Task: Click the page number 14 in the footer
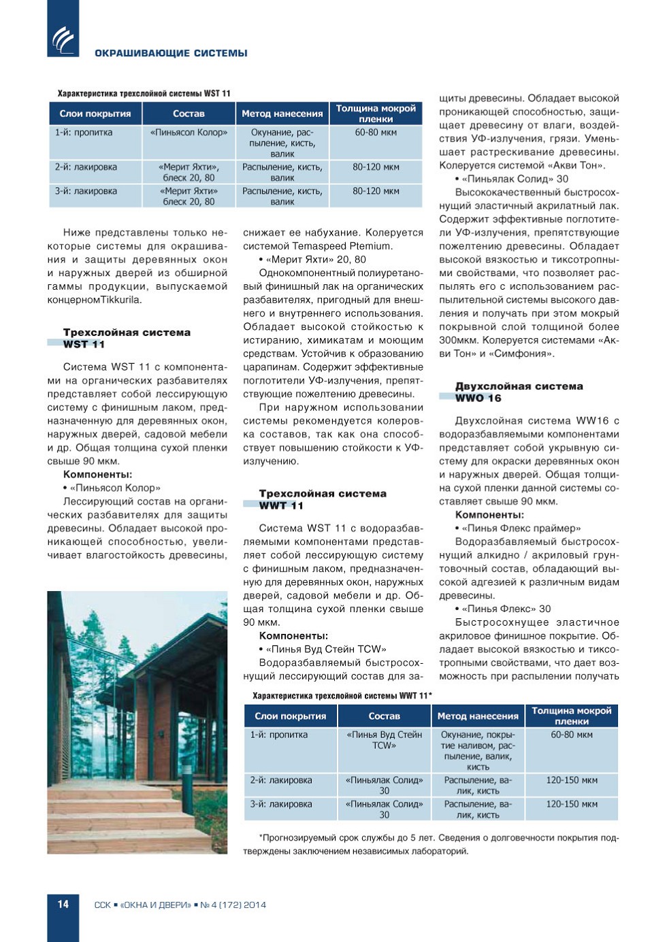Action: coord(63,904)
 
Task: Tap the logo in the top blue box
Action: coord(63,39)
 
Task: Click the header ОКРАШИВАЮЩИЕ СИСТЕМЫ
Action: coord(171,53)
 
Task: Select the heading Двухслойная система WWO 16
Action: coord(519,392)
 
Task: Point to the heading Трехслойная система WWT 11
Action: coord(323,499)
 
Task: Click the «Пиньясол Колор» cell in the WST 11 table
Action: coord(189,133)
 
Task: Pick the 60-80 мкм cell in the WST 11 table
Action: coord(376,133)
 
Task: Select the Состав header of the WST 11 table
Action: coord(189,114)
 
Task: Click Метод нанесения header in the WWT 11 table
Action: coord(478,716)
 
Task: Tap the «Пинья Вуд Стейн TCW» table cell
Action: coord(385,740)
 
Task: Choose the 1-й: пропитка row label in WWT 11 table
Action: coord(279,735)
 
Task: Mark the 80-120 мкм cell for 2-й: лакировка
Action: coord(376,167)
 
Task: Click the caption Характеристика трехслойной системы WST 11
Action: coord(144,93)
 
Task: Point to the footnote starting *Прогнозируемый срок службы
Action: coord(432,844)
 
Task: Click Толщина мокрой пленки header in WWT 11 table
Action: coord(572,716)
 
